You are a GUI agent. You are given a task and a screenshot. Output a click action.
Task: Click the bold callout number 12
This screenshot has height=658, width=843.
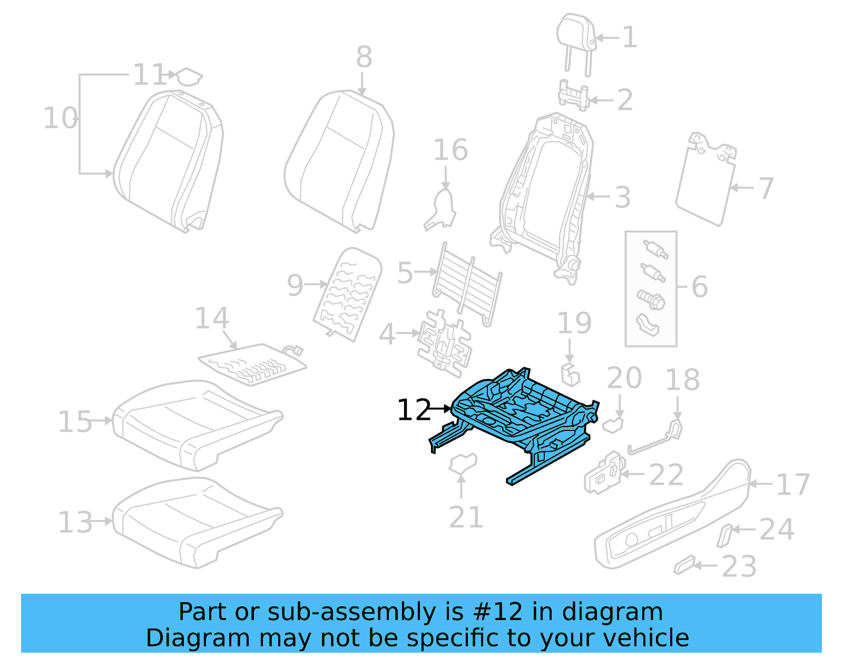414,410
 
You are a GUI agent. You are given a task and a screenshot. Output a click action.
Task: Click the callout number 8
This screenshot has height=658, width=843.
364,57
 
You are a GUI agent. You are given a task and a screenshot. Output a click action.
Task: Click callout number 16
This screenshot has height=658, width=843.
450,150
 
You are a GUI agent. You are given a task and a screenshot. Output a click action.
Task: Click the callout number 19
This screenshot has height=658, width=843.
574,323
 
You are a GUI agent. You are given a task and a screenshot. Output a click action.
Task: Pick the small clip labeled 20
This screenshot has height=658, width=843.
613,425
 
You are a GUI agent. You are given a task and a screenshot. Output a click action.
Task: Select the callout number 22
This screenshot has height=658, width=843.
666,475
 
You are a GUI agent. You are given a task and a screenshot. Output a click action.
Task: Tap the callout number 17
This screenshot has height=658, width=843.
792,485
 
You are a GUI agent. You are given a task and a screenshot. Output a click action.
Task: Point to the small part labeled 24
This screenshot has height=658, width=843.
725,535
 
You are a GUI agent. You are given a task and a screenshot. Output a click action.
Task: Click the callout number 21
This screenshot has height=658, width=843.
466,517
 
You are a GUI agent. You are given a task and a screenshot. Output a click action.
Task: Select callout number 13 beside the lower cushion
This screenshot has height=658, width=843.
75,522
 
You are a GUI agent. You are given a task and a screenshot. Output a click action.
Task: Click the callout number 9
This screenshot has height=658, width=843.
295,285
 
